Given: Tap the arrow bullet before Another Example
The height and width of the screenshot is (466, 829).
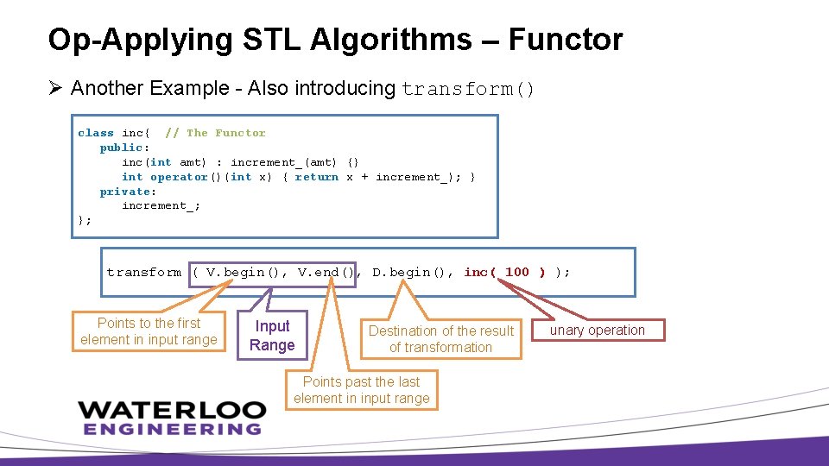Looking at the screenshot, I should (x=55, y=88).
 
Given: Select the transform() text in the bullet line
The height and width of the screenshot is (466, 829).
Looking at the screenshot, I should (x=469, y=89).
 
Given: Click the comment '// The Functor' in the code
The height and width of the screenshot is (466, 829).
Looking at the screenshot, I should (x=215, y=133).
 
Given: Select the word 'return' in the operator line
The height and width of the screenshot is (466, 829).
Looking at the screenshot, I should (x=317, y=177).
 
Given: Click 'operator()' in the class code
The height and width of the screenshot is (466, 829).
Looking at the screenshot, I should (x=179, y=177).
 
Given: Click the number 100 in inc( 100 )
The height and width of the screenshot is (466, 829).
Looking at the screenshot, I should (x=516, y=273).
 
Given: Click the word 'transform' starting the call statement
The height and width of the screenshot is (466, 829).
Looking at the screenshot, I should (x=144, y=273).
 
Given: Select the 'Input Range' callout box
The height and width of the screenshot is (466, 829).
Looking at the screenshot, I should (x=272, y=336).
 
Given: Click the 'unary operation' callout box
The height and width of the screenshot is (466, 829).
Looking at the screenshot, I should (x=598, y=331).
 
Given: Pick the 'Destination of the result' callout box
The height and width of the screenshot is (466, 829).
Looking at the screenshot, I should (x=440, y=339).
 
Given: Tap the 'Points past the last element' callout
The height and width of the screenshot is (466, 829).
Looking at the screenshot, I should (x=361, y=390).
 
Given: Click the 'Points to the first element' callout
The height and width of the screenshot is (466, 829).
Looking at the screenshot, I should (x=149, y=331).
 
